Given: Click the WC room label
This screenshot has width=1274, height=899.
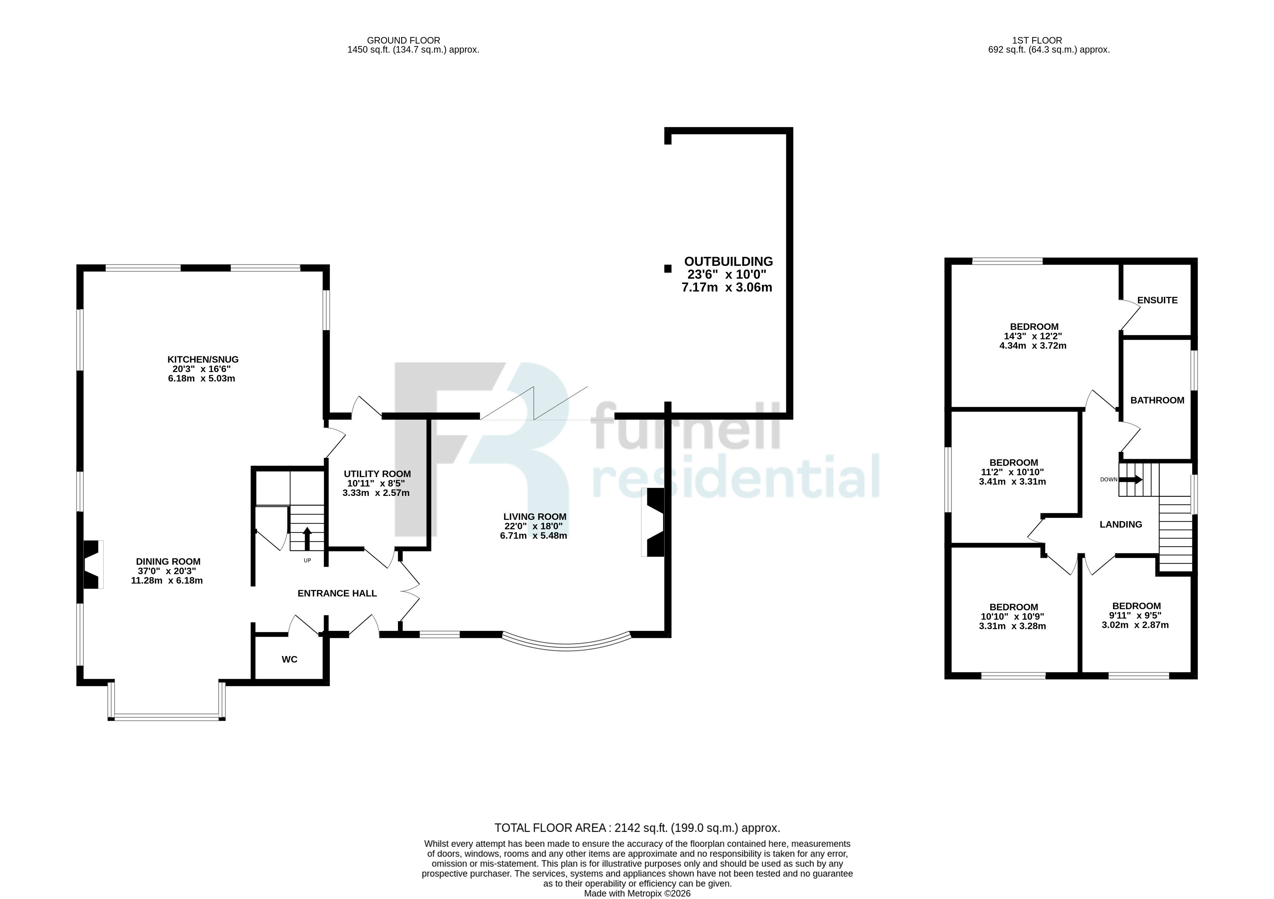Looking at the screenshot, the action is click(290, 660).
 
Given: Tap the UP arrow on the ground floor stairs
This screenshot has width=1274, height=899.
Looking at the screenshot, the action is click(307, 538).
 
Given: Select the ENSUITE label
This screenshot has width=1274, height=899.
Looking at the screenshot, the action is click(1157, 300).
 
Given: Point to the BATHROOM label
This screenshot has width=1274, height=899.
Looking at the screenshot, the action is click(1157, 400).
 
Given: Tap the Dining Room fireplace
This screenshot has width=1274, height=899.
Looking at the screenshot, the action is click(93, 564).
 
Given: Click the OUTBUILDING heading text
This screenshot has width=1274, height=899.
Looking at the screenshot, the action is click(729, 261).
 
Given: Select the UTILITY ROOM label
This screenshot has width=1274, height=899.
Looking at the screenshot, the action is click(377, 473).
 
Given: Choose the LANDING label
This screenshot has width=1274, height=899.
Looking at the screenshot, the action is click(1121, 524).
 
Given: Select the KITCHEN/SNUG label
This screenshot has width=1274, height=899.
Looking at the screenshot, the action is click(203, 360).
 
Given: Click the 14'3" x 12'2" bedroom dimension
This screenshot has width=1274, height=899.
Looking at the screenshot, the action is click(1033, 336).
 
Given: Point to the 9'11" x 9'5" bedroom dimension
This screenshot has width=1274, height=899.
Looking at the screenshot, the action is click(1135, 615).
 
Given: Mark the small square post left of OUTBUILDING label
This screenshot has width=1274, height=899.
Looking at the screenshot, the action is click(668, 269).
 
